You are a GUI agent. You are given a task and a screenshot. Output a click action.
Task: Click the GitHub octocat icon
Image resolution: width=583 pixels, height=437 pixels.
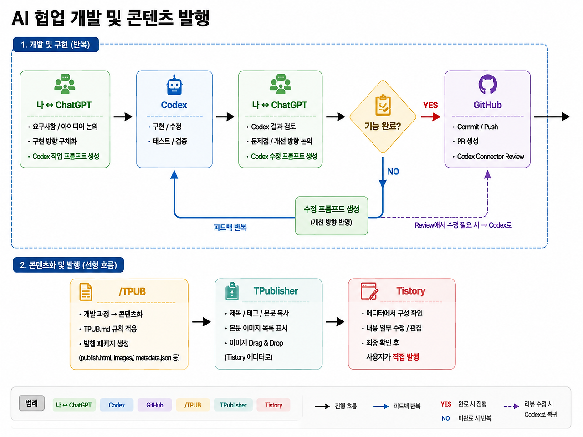pos(487,84)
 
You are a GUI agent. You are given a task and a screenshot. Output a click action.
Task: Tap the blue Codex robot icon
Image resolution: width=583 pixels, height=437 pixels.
pos(174,85)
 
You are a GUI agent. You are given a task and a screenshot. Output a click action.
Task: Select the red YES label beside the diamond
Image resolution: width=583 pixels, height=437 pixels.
pos(430,105)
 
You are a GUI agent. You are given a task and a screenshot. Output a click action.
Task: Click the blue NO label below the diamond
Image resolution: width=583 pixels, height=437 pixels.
pos(393,172)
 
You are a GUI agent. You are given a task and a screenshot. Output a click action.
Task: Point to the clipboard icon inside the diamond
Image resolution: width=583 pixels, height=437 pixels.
pos(383,105)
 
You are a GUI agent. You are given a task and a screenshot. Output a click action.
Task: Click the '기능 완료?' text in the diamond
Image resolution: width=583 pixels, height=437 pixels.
pos(383,126)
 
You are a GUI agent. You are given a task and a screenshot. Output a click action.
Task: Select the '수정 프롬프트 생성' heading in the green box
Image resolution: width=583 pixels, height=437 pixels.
pos(331,209)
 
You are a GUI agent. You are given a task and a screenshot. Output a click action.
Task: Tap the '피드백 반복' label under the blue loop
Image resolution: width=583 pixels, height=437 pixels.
pos(230,228)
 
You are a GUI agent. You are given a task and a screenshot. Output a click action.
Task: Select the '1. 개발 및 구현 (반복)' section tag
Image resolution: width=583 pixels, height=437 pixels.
pos(56,45)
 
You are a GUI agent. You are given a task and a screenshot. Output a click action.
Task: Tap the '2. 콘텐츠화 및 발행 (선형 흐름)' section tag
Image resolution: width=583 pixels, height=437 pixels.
pos(68,265)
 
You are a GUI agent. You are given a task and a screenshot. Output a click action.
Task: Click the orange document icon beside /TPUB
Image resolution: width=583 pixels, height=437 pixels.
pos(86,292)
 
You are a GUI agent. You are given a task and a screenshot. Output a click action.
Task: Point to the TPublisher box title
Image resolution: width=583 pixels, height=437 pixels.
pos(276,291)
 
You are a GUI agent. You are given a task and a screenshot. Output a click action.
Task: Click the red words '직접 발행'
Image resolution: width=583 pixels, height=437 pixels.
pos(405,357)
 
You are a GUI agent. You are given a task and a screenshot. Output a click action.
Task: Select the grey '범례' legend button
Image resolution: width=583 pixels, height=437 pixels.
pos(31,403)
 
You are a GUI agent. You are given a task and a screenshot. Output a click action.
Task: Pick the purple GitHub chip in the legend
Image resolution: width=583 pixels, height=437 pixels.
pos(154,405)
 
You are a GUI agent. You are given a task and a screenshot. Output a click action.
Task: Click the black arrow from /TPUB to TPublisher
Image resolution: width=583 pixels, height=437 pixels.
pos(201,322)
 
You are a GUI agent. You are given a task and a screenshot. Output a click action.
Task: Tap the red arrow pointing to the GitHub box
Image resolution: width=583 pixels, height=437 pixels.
pos(430,117)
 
